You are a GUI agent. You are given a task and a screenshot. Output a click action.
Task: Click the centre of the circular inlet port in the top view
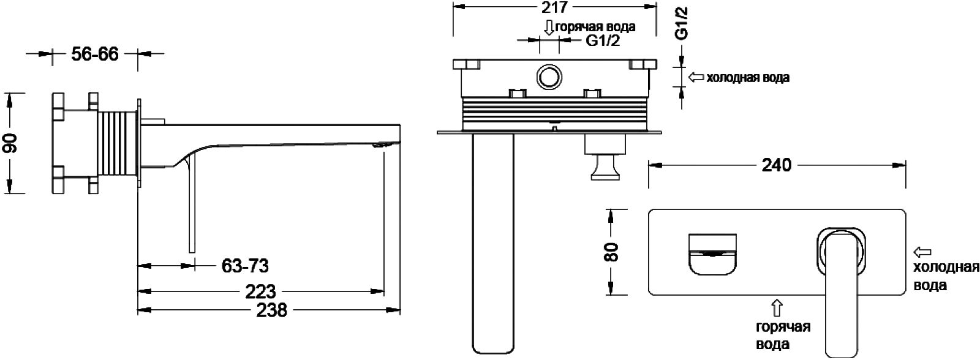pyautogui.click(x=549, y=77)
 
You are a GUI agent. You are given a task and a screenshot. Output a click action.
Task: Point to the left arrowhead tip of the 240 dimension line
pyautogui.click(x=649, y=165)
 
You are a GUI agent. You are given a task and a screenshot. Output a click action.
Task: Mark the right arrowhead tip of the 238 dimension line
pyautogui.click(x=401, y=310)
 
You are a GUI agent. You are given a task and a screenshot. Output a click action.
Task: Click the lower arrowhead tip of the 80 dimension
pyautogui.click(x=611, y=294)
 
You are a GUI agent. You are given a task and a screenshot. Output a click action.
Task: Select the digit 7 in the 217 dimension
pyautogui.click(x=562, y=7)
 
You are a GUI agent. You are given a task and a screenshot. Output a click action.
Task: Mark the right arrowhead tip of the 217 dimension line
pyautogui.click(x=656, y=7)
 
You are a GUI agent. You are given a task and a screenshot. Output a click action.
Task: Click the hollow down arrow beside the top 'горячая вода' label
pyautogui.click(x=549, y=27)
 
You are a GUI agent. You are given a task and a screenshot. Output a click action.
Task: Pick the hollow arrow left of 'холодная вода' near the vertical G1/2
pyautogui.click(x=696, y=77)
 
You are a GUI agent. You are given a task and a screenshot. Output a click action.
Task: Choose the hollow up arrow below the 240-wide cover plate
pyautogui.click(x=777, y=308)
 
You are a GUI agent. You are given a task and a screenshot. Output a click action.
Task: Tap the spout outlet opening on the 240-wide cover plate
pyautogui.click(x=712, y=254)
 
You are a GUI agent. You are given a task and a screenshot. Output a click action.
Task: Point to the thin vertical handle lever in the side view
pyautogui.click(x=192, y=206)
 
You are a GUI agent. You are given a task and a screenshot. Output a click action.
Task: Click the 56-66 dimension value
pyautogui.click(x=94, y=54)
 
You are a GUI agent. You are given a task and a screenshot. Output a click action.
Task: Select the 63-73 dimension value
pyautogui.click(x=245, y=266)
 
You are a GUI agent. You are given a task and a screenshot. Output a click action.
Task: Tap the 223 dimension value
pyautogui.click(x=260, y=291)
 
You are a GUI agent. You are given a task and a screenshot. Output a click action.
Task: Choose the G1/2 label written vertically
pyautogui.click(x=681, y=23)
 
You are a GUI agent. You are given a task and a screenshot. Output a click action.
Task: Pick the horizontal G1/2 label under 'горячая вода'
pyautogui.click(x=603, y=40)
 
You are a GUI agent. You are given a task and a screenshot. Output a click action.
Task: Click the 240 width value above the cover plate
pyautogui.click(x=777, y=165)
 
